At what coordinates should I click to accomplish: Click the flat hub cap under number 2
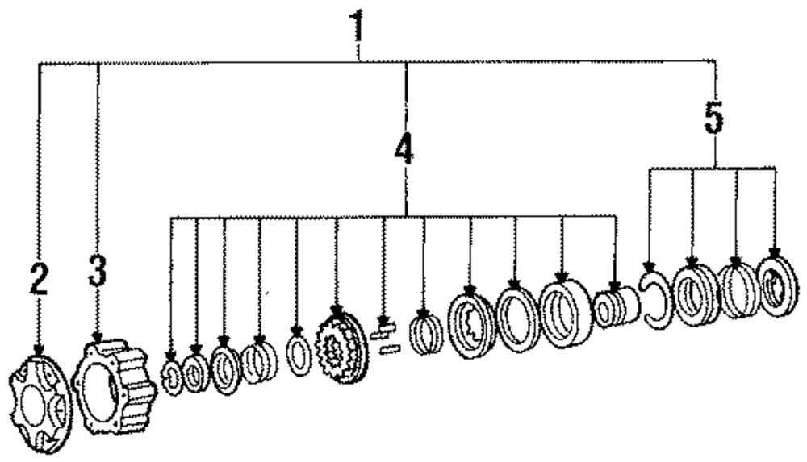coord(40,401)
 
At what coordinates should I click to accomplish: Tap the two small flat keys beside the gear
coord(385,339)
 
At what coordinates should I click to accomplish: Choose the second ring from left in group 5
coord(695,293)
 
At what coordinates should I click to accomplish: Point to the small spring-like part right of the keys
coord(426,334)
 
